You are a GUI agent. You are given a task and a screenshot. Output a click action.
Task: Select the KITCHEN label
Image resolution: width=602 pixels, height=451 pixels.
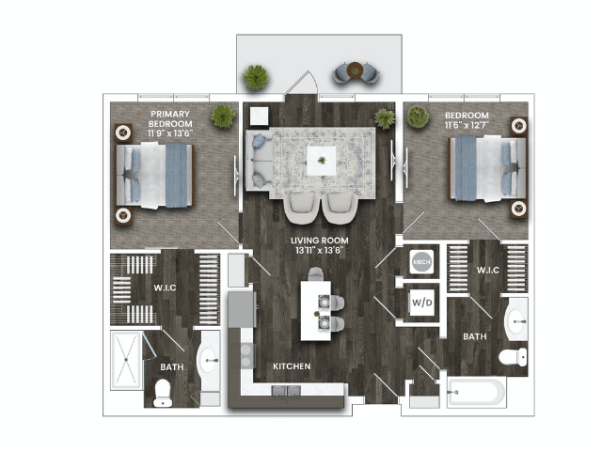click(292, 365)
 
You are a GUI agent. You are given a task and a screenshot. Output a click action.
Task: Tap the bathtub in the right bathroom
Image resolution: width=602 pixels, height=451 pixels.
click(476, 391)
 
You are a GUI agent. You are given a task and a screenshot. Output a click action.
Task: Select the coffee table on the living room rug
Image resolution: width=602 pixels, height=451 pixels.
click(323, 162)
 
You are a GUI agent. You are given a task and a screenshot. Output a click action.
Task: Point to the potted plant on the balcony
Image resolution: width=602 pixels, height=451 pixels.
click(255, 77)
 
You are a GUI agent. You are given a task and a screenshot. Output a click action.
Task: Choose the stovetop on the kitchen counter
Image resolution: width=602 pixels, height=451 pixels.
click(246, 354)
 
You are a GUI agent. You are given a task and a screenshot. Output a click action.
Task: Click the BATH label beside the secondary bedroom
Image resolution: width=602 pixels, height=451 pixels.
click(473, 335)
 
